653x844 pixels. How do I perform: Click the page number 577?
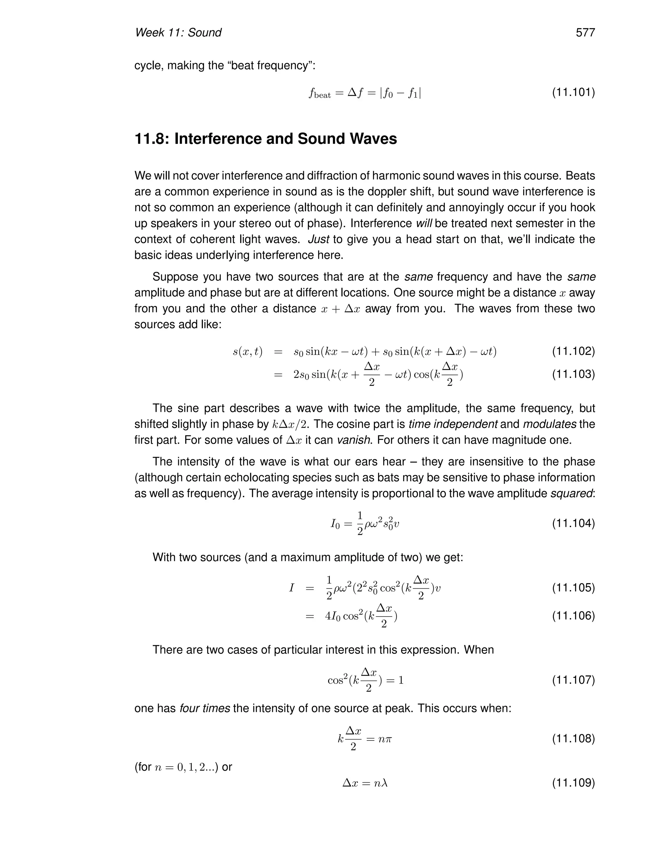tap(585, 32)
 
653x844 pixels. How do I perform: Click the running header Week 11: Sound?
tap(178, 32)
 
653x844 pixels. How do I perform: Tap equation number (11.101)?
tap(573, 92)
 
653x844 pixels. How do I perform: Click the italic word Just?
tap(319, 239)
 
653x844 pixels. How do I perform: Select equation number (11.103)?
tap(573, 374)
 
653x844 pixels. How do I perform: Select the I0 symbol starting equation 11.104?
tap(335, 524)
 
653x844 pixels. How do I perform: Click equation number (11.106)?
tap(573, 616)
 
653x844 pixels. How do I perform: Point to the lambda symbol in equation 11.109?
tap(384, 783)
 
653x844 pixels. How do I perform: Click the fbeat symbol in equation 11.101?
tap(319, 93)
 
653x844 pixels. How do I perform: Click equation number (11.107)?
tap(573, 680)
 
